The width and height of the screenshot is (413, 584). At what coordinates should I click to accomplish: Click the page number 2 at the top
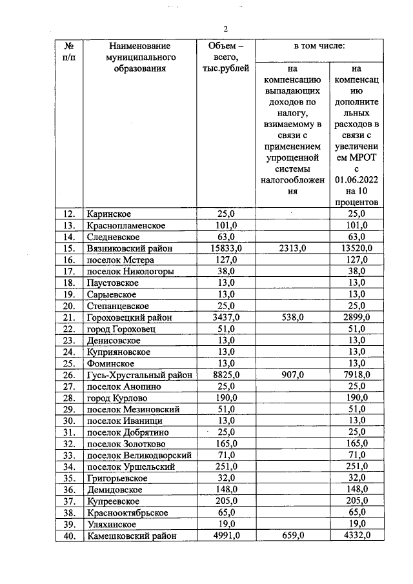point(226,28)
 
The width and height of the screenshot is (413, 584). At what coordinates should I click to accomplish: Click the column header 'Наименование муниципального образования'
point(139,56)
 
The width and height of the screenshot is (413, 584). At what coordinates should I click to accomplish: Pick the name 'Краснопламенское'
point(125,226)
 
